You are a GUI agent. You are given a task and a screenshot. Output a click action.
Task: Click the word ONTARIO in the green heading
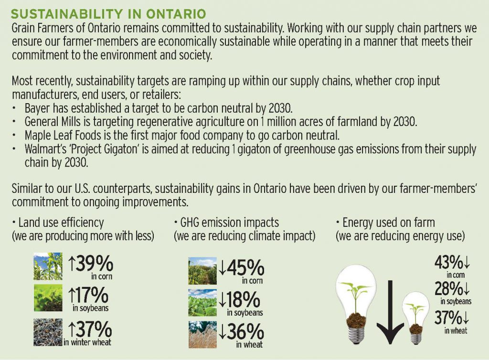coord(176,14)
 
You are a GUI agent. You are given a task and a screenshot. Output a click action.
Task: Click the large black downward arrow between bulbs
coord(390,312)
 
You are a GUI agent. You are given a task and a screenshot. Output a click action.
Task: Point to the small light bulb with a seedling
coord(416,318)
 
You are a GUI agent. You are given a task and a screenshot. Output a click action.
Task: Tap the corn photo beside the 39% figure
coord(48,266)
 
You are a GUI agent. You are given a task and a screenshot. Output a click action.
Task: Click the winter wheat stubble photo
coord(48,332)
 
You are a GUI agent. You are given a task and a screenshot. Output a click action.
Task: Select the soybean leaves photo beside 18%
coord(202,303)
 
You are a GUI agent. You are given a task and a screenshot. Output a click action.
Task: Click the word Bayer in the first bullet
coord(37,108)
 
